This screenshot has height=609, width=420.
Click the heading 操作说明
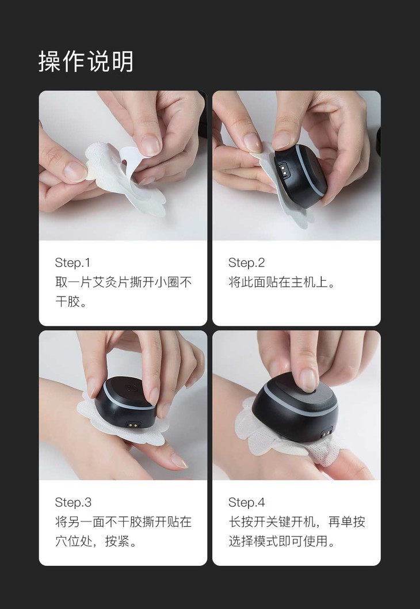pos(86,62)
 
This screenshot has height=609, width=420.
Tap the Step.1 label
pos(72,262)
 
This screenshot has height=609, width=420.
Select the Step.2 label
pos(246,262)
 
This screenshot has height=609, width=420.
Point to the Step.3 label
pos(74,502)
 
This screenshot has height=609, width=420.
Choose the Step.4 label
pos(247,502)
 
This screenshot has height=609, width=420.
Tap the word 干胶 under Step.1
pos(67,302)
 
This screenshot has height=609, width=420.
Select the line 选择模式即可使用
pos(278,541)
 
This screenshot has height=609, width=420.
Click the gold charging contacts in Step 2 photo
pos(284,169)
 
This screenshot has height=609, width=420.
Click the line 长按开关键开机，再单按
pos(296,522)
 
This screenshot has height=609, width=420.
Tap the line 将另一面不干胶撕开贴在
pos(124,522)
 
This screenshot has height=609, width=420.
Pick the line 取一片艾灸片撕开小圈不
pos(124,283)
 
